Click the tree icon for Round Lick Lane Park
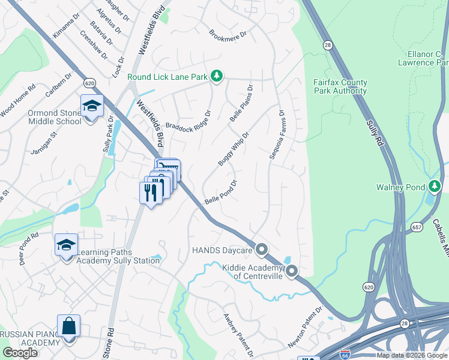click(x=217, y=76)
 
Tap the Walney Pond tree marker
click(x=434, y=187)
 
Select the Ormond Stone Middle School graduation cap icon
click(x=92, y=106)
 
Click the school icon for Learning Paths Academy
click(x=66, y=245)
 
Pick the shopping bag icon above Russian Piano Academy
click(x=69, y=326)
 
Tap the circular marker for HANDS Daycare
click(x=261, y=249)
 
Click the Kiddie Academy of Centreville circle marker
click(x=292, y=271)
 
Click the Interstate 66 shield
click(x=345, y=355)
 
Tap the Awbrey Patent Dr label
click(x=239, y=334)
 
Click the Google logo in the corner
click(x=20, y=353)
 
